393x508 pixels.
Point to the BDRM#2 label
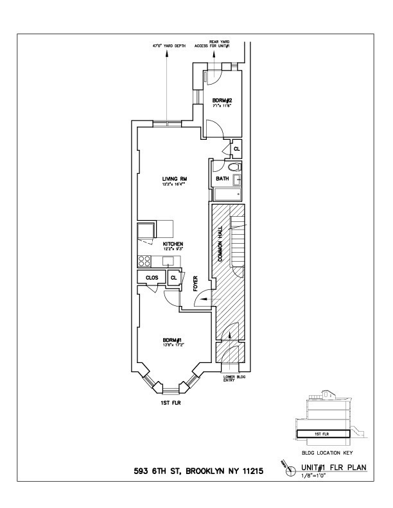pyautogui.click(x=223, y=100)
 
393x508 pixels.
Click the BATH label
pyautogui.click(x=222, y=179)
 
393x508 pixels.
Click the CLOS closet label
pyautogui.click(x=152, y=278)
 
